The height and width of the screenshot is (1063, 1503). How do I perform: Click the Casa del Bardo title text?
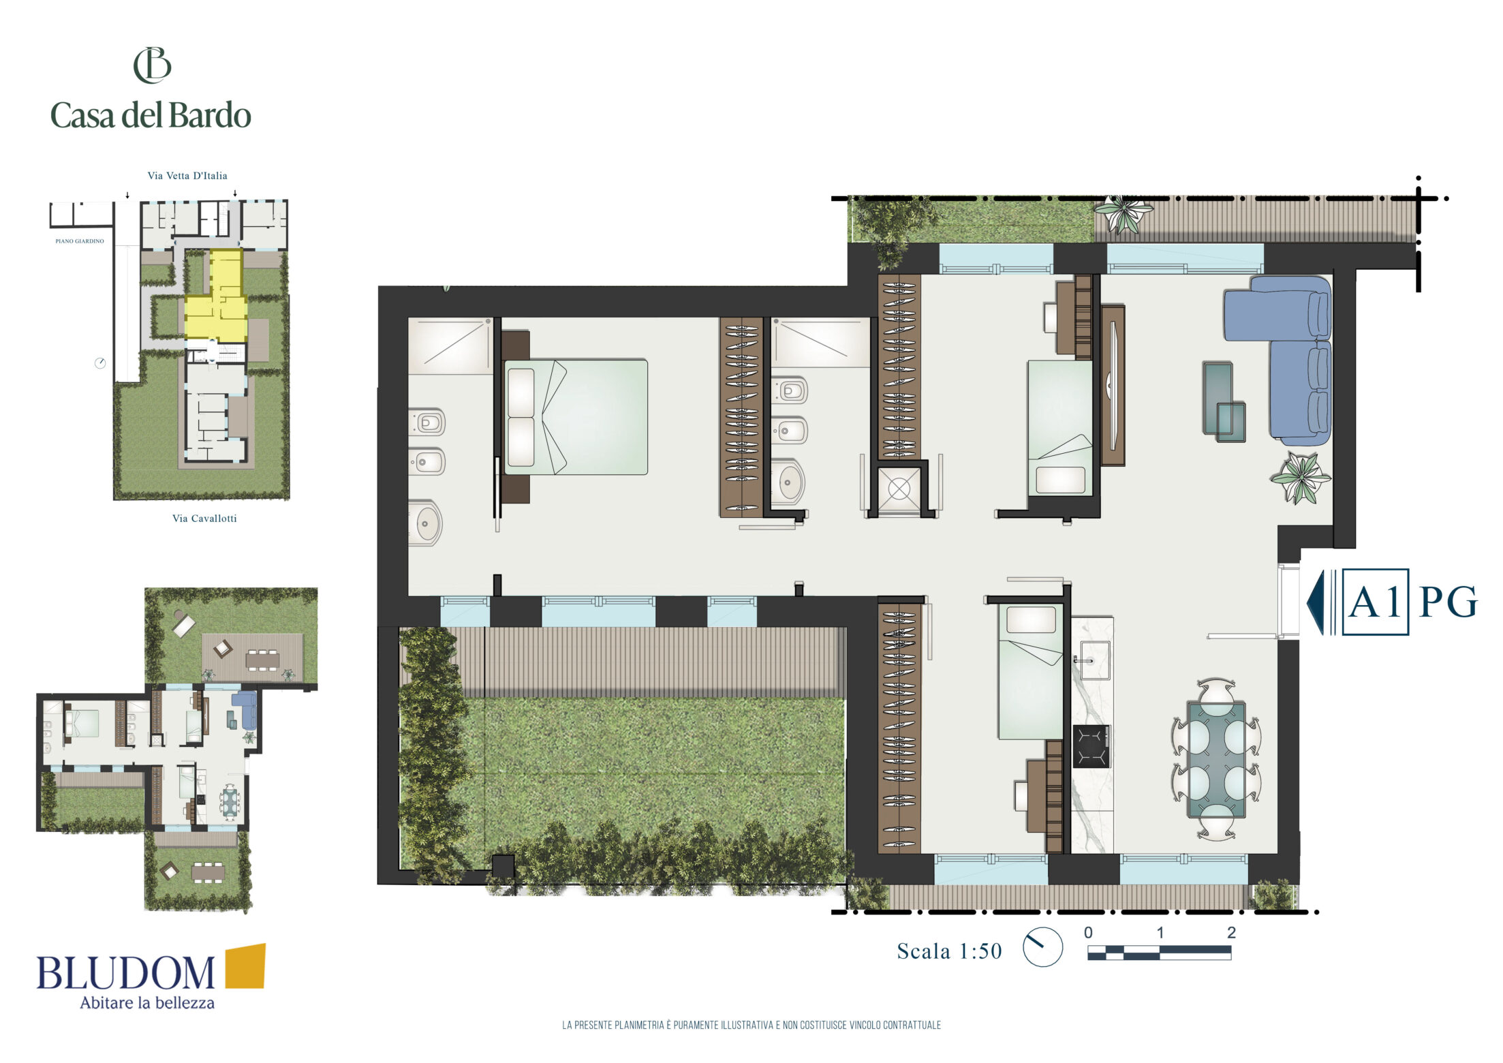tap(151, 115)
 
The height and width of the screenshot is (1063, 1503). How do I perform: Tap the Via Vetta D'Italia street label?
tap(187, 176)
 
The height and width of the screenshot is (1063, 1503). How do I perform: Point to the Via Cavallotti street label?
tap(204, 519)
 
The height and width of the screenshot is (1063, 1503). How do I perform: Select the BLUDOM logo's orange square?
tap(245, 966)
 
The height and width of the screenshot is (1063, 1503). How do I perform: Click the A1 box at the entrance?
tap(1375, 602)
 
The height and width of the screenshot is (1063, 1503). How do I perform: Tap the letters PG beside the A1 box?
tap(1448, 602)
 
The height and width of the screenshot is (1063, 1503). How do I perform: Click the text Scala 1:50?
tap(949, 951)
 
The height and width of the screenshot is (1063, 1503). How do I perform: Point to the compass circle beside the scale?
tap(1042, 946)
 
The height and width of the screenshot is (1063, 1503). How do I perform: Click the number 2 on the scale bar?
tap(1231, 932)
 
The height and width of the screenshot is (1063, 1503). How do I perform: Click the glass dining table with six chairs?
tap(1216, 759)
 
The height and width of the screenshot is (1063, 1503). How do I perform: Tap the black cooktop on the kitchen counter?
tap(1091, 747)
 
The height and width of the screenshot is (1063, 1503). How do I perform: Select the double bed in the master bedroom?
tap(576, 417)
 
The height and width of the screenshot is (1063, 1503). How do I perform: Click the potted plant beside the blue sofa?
tap(1300, 478)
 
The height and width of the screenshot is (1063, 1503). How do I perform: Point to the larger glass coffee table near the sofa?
tap(1218, 397)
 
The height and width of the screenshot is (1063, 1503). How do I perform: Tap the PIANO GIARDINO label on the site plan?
tap(80, 241)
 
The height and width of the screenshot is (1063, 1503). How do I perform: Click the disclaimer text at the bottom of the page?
tap(751, 1025)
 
